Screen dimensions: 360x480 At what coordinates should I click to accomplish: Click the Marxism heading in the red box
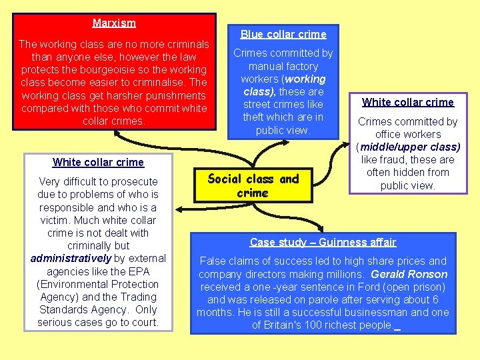[x=114, y=23]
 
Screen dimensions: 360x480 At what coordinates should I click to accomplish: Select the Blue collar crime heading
[x=283, y=34]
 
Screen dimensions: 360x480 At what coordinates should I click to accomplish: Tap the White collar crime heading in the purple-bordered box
[x=408, y=102]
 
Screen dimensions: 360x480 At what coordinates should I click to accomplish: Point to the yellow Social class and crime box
[x=253, y=186]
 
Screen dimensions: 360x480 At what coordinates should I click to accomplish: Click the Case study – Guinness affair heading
[x=323, y=242]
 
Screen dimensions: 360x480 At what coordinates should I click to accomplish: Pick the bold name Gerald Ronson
[x=409, y=274]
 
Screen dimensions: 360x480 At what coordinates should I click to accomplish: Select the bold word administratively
[x=71, y=258]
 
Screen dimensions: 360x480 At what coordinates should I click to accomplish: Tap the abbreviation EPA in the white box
[x=139, y=271]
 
